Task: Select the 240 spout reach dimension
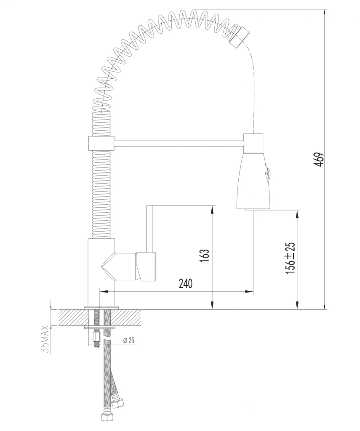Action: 185,284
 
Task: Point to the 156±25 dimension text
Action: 290,258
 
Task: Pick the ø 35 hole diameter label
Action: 128,341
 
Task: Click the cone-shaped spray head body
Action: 253,181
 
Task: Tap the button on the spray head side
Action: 267,173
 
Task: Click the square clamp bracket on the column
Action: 101,143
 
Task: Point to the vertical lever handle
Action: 149,229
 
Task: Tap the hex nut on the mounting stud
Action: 96,337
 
